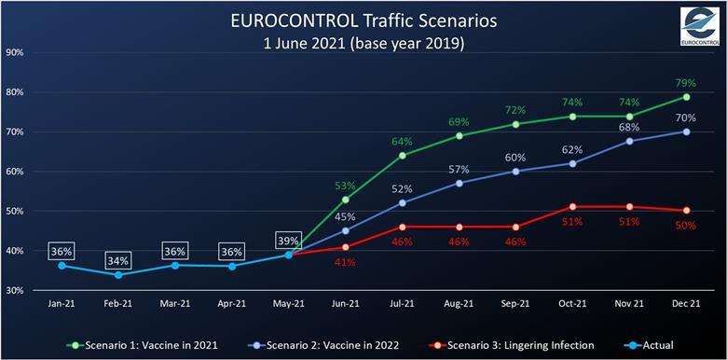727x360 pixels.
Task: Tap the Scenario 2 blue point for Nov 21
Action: tap(629, 141)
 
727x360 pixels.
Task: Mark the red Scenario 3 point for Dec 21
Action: tap(687, 211)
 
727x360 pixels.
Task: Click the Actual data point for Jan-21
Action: tap(62, 266)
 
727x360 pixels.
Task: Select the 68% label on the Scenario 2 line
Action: tap(629, 127)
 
